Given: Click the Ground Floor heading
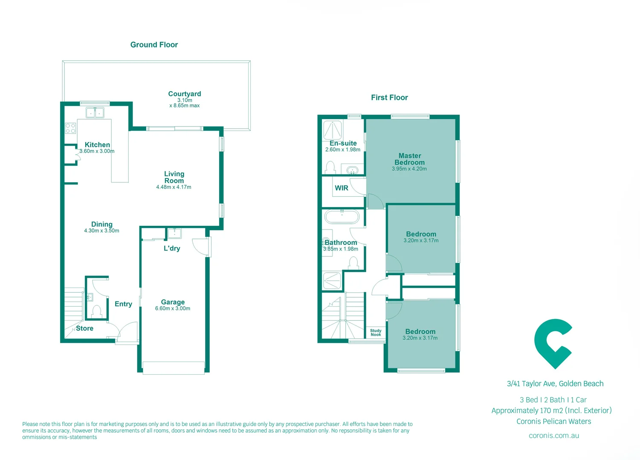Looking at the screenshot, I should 154,45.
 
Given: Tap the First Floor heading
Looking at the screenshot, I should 389,98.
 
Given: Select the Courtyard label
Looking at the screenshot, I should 184,94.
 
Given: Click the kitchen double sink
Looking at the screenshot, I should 95,113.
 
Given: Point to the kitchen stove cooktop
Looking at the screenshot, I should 70,128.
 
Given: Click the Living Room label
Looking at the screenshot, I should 174,177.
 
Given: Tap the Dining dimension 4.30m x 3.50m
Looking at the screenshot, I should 101,231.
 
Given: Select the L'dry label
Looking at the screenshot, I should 172,248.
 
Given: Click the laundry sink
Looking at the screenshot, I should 174,233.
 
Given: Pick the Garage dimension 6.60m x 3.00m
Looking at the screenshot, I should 173,308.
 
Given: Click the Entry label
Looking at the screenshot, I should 123,304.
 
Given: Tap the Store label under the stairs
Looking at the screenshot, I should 84,328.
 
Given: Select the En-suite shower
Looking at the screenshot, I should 333,130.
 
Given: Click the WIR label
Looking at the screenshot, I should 342,188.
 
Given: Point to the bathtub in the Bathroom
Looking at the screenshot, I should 342,217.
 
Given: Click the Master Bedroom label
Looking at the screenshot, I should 409,159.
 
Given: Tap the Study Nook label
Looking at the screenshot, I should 376,333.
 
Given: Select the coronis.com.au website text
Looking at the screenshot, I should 553,436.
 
